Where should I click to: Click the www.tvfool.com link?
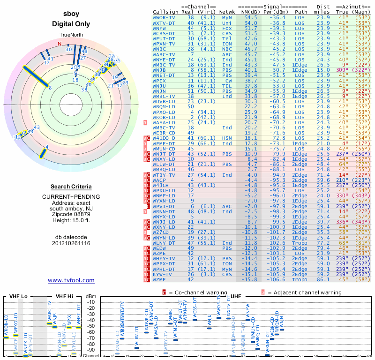(71, 280)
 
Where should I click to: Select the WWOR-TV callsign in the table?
(164, 17)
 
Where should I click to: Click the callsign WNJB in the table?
(160, 70)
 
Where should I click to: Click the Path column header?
(301, 11)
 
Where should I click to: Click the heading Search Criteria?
(71, 187)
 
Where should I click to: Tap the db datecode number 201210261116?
(71, 243)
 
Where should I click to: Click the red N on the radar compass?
(60, 44)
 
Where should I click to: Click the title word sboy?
(71, 15)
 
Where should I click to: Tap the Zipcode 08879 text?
(71, 212)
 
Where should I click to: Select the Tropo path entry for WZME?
(301, 279)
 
